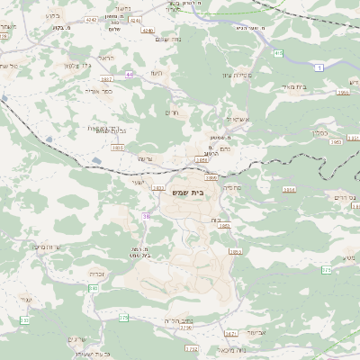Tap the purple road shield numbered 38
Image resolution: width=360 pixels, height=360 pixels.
pyautogui.click(x=147, y=216)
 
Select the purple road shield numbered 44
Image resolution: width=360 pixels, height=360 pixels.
pyautogui.click(x=130, y=74)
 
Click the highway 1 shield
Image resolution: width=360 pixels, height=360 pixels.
pyautogui.click(x=319, y=67)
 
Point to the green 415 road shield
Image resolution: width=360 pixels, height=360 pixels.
pyautogui.click(x=278, y=54)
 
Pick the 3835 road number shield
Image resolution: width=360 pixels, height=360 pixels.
pyautogui.click(x=159, y=188)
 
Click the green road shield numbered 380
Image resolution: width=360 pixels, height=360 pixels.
pyautogui.click(x=93, y=288)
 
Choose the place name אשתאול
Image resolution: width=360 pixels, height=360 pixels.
pyautogui.click(x=238, y=119)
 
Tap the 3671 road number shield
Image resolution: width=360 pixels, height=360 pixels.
pyautogui.click(x=230, y=332)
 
